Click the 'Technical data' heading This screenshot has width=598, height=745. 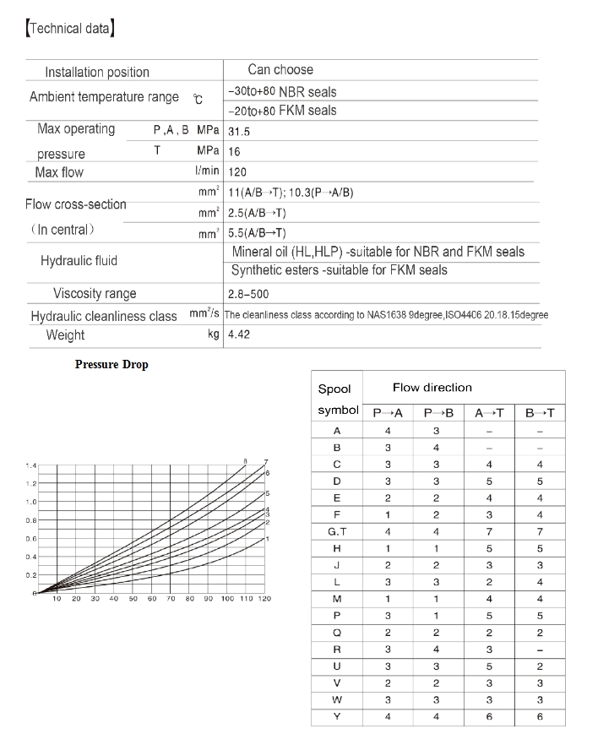[x=71, y=30]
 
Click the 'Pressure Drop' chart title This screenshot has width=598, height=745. [x=111, y=365]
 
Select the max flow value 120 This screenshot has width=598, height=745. [x=238, y=172]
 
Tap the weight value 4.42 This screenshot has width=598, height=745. [x=239, y=334]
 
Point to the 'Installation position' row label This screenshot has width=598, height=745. [x=97, y=73]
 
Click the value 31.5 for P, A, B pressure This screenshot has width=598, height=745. [x=239, y=132]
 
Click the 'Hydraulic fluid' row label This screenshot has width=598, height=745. [x=79, y=261]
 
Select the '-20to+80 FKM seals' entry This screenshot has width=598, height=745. [x=282, y=111]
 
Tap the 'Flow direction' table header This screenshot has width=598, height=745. [x=432, y=388]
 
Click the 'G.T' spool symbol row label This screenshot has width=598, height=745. [x=337, y=531]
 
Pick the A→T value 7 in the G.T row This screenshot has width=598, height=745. [x=489, y=531]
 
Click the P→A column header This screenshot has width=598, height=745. [x=388, y=413]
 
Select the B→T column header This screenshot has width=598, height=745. [x=540, y=413]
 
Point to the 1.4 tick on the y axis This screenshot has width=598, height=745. [x=30, y=465]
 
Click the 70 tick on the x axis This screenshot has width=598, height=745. [x=171, y=599]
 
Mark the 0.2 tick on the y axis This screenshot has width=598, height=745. [x=30, y=575]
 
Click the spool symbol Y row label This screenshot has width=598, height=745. [x=337, y=717]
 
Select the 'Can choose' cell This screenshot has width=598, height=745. [x=280, y=70]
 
